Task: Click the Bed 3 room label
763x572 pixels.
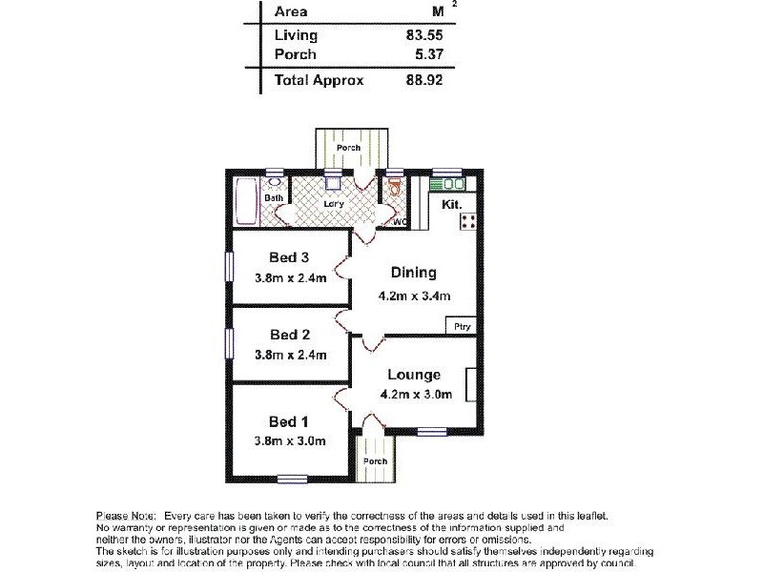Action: click(x=290, y=257)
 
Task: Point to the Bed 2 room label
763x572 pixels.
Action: click(x=290, y=335)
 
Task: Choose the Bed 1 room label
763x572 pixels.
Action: click(x=290, y=420)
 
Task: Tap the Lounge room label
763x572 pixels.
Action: click(x=414, y=375)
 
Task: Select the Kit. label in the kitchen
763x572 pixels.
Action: click(x=452, y=204)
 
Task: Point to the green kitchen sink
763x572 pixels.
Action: click(x=445, y=184)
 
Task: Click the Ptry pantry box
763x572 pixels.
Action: click(x=463, y=327)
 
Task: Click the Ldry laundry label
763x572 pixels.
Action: click(x=334, y=203)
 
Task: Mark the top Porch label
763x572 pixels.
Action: click(x=348, y=148)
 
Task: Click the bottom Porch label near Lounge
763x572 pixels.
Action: click(x=375, y=461)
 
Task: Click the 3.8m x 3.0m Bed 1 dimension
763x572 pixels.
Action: click(x=290, y=440)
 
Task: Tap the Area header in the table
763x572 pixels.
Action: click(x=290, y=11)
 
